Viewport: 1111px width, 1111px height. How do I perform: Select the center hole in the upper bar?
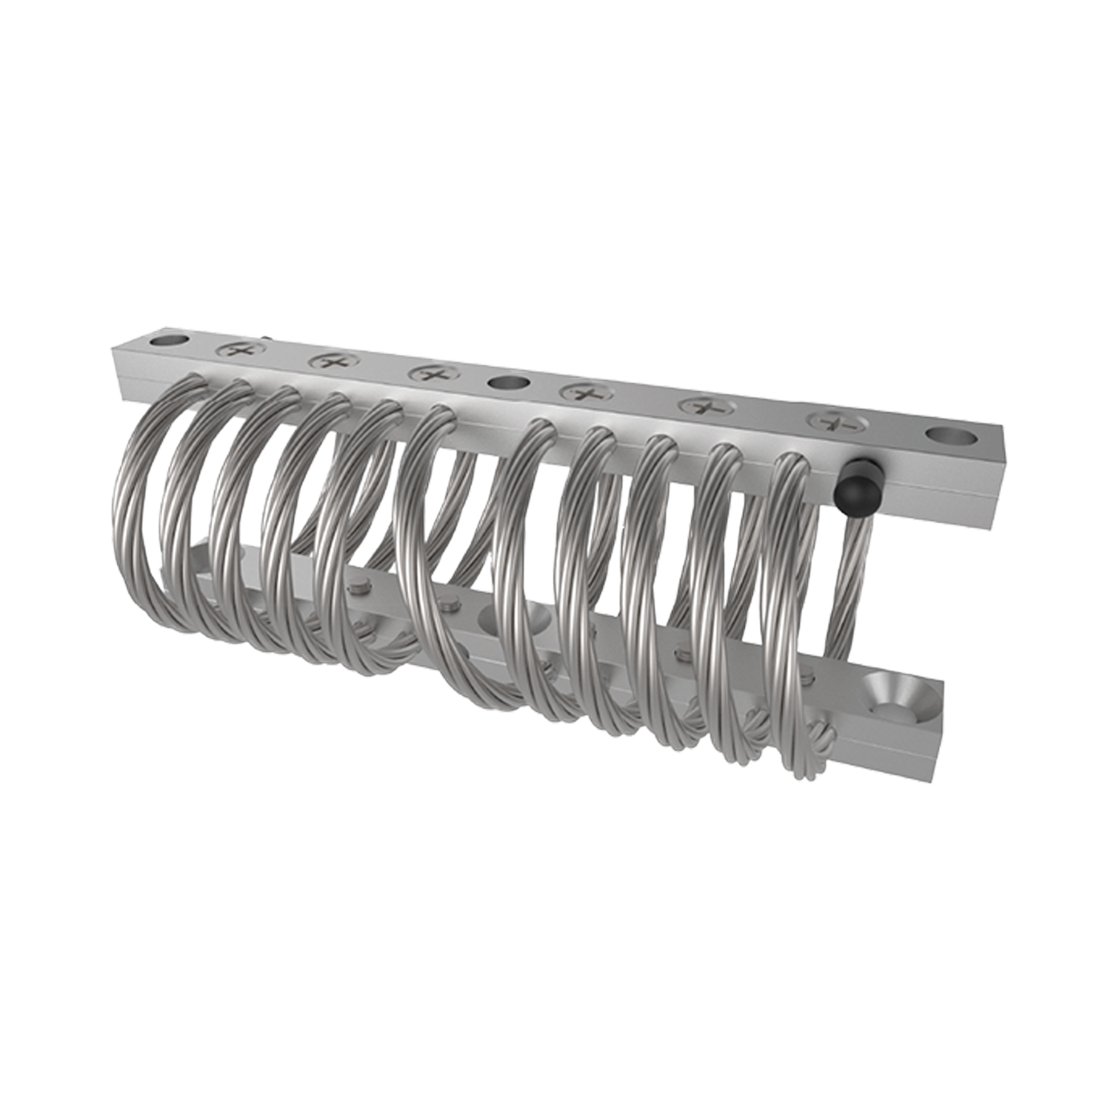[508, 384]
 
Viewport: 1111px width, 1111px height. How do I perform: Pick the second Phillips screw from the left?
[327, 361]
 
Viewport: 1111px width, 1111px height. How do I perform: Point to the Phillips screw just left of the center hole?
[428, 373]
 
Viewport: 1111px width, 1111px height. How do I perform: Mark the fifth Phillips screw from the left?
[704, 406]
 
